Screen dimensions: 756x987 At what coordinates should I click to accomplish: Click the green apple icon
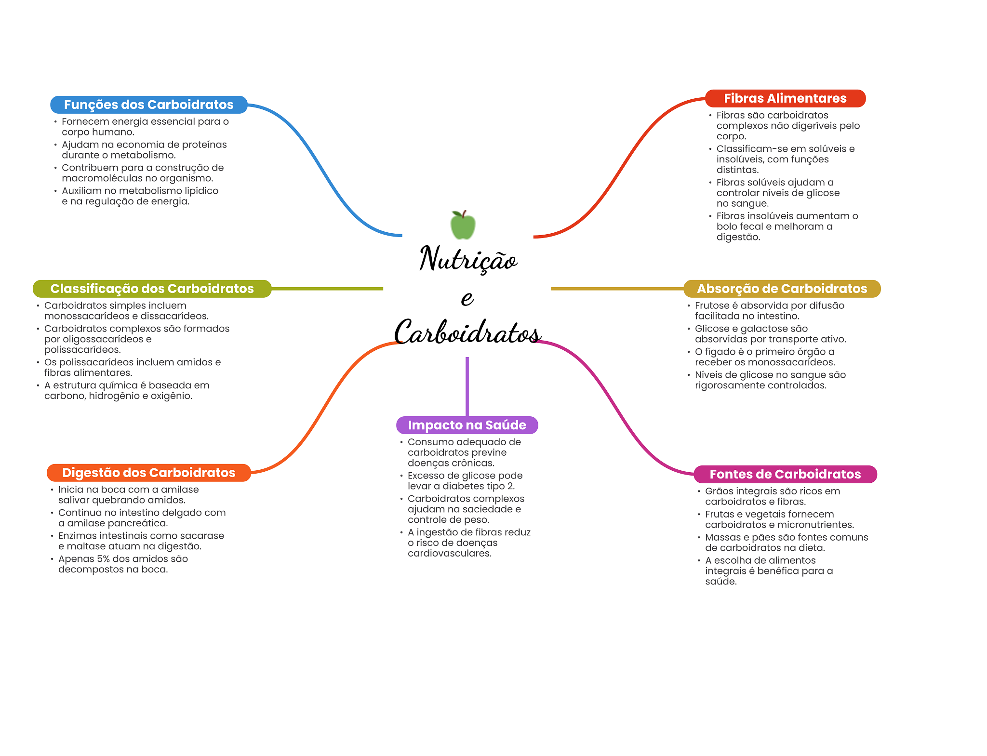[x=463, y=225]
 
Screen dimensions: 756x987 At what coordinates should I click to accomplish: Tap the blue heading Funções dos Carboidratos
[x=148, y=105]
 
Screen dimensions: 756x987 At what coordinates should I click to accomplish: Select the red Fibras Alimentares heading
[x=785, y=98]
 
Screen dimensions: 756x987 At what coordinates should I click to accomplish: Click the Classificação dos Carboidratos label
[x=152, y=289]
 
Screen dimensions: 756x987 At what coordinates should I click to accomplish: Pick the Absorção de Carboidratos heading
[x=782, y=289]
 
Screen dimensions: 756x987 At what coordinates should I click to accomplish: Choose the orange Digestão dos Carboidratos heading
[x=148, y=473]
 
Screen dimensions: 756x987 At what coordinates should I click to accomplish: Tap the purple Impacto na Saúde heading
[x=467, y=425]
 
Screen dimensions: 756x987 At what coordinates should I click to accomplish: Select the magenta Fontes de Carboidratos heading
[x=785, y=474]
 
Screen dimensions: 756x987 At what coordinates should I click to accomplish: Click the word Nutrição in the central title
[x=468, y=259]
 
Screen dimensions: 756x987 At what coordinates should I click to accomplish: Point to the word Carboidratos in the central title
[x=467, y=332]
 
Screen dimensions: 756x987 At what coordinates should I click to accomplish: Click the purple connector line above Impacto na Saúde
[x=467, y=385]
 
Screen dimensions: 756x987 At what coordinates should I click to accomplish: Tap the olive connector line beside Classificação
[x=328, y=289]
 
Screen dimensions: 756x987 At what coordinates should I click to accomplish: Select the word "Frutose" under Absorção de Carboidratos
[x=712, y=305]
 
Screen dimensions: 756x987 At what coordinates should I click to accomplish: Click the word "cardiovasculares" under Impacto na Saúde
[x=449, y=554]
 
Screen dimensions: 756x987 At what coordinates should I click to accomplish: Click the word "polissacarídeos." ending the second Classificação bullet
[x=82, y=350]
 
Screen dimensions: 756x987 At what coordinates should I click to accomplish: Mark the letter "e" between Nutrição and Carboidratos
[x=467, y=298]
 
